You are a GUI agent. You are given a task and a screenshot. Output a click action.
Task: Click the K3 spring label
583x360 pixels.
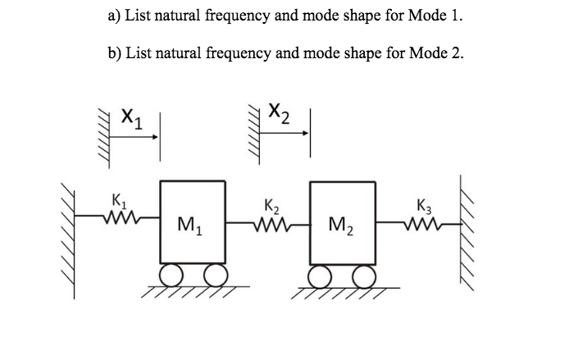click(x=423, y=206)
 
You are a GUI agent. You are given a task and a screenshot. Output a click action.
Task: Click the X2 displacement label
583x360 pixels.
click(x=280, y=111)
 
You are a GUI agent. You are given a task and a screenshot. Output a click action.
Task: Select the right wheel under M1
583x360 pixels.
click(x=214, y=274)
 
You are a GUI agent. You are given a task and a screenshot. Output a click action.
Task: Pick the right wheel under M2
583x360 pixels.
click(x=362, y=274)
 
